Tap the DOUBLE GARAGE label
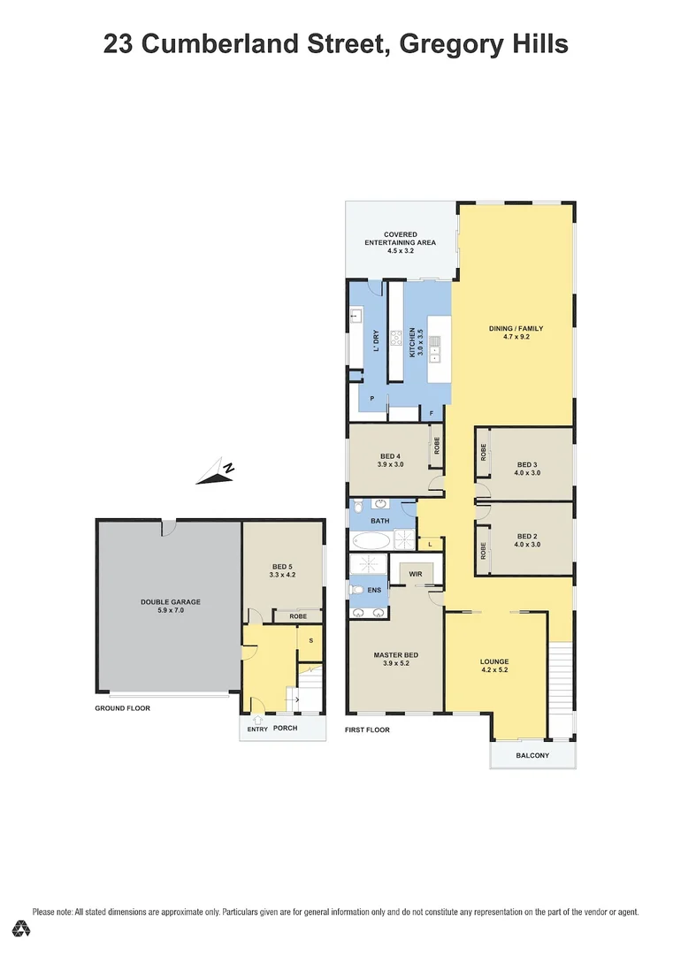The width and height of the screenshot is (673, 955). [x=170, y=602]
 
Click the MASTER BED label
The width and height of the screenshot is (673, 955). [x=395, y=655]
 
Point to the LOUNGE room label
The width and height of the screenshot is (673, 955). [x=494, y=661]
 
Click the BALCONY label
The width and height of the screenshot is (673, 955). [x=532, y=755]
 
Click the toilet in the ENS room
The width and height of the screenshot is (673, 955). [x=356, y=589]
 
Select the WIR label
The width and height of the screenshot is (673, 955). [x=416, y=575]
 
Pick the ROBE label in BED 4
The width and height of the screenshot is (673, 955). [x=436, y=447]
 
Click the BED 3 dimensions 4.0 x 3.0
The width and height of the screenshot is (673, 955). [x=528, y=473]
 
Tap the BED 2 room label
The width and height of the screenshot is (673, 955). [x=528, y=536]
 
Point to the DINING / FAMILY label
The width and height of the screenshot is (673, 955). [x=516, y=329]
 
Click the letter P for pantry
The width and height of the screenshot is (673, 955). [x=372, y=399]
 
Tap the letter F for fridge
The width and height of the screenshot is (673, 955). [x=432, y=413]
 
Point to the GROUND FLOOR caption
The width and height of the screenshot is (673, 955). [x=123, y=708]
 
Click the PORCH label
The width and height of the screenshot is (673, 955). [x=286, y=729]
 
